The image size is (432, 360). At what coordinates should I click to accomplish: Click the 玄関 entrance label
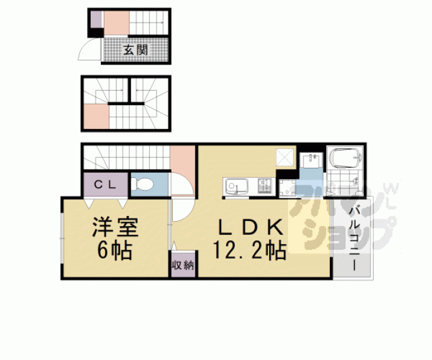[x=135, y=50]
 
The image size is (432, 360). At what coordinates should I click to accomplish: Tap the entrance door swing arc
[x=88, y=51]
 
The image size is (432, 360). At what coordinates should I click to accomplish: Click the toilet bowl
[x=142, y=185]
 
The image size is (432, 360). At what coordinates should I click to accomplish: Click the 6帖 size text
[x=113, y=250]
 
